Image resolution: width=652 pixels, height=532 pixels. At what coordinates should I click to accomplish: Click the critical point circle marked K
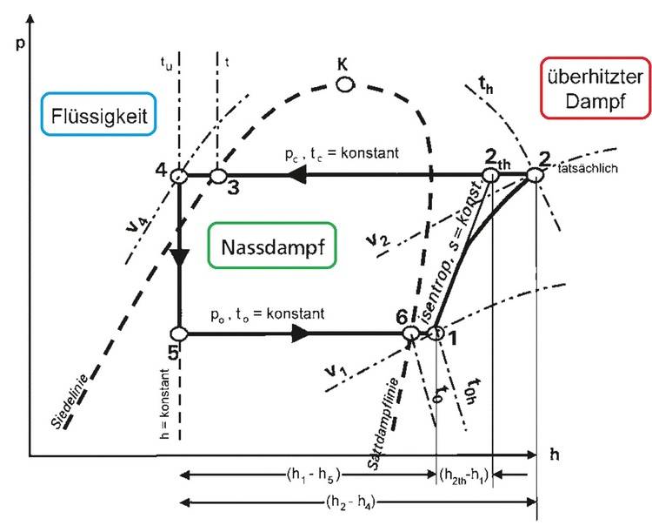pyautogui.click(x=345, y=84)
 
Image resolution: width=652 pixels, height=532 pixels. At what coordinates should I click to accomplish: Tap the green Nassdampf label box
pyautogui.click(x=273, y=246)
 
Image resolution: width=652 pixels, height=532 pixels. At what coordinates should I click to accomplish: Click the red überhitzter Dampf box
pyautogui.click(x=595, y=89)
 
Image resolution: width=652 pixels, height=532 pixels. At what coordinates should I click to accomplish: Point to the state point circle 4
pyautogui.click(x=178, y=175)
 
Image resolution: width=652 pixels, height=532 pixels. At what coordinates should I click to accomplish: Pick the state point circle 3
pyautogui.click(x=217, y=176)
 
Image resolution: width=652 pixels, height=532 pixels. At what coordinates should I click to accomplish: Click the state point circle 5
pyautogui.click(x=178, y=333)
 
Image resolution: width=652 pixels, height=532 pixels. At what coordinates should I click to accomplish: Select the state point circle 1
pyautogui.click(x=436, y=333)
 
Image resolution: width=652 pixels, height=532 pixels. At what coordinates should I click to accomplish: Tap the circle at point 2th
pyautogui.click(x=491, y=175)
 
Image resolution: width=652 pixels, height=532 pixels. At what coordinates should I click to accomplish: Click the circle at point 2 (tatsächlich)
pyautogui.click(x=535, y=175)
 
